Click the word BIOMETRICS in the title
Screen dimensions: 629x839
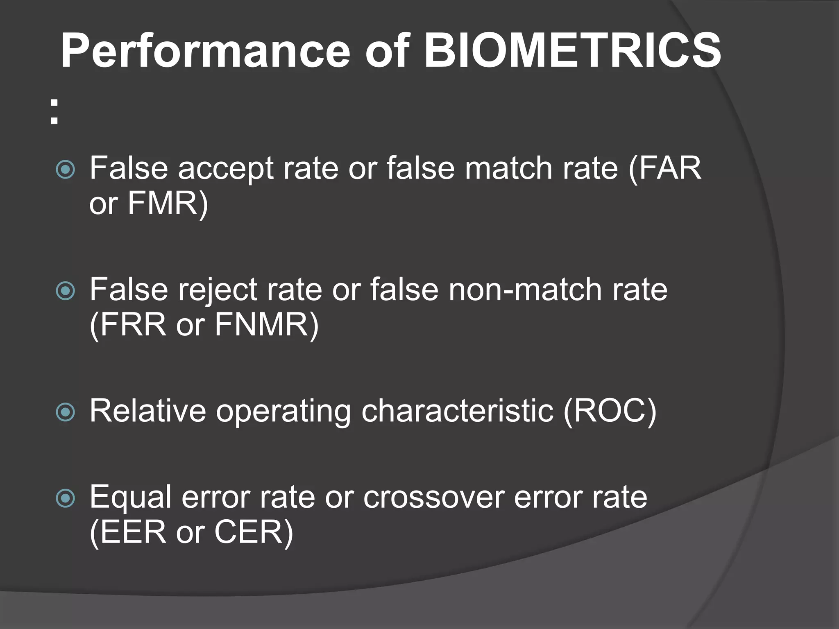click(x=572, y=51)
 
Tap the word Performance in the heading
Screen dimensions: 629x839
click(x=205, y=51)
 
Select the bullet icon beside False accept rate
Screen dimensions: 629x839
click(x=66, y=169)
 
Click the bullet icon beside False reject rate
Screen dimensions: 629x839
click(x=66, y=291)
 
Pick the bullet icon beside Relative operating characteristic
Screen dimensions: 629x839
click(x=66, y=412)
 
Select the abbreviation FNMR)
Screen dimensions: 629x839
click(x=266, y=325)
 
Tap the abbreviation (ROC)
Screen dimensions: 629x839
click(x=610, y=411)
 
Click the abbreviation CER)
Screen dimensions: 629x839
click(x=254, y=533)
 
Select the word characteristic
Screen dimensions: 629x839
click(x=457, y=411)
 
